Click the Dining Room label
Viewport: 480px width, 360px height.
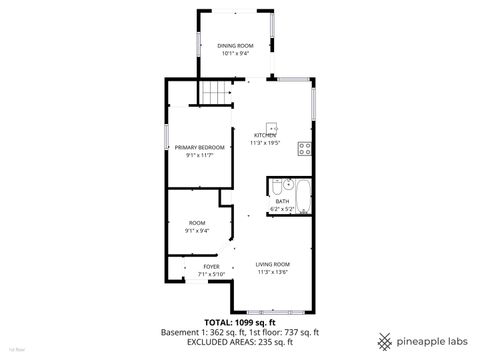point(235,46)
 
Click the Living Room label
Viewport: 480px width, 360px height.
point(273,264)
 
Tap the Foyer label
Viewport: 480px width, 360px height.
point(211,267)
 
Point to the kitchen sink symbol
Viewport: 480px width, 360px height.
point(280,130)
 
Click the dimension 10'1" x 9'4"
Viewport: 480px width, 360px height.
point(235,53)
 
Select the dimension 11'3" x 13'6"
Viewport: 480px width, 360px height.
point(273,271)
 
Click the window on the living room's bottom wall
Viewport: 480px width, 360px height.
point(272,311)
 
